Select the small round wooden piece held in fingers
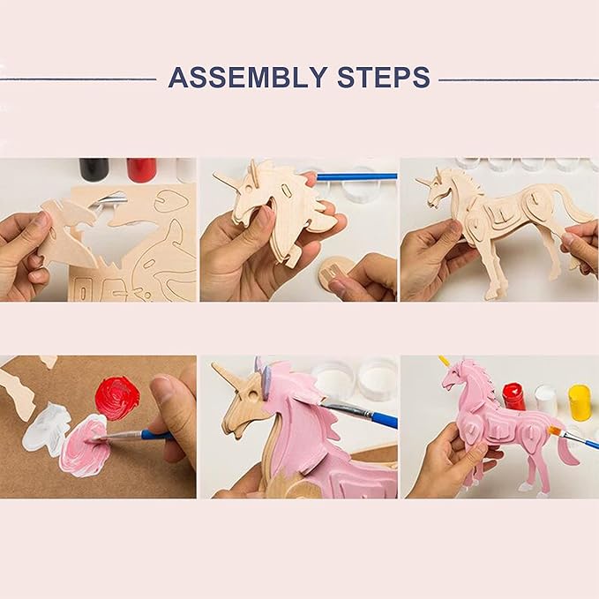click(x=334, y=273)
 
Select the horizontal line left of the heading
click(x=79, y=79)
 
